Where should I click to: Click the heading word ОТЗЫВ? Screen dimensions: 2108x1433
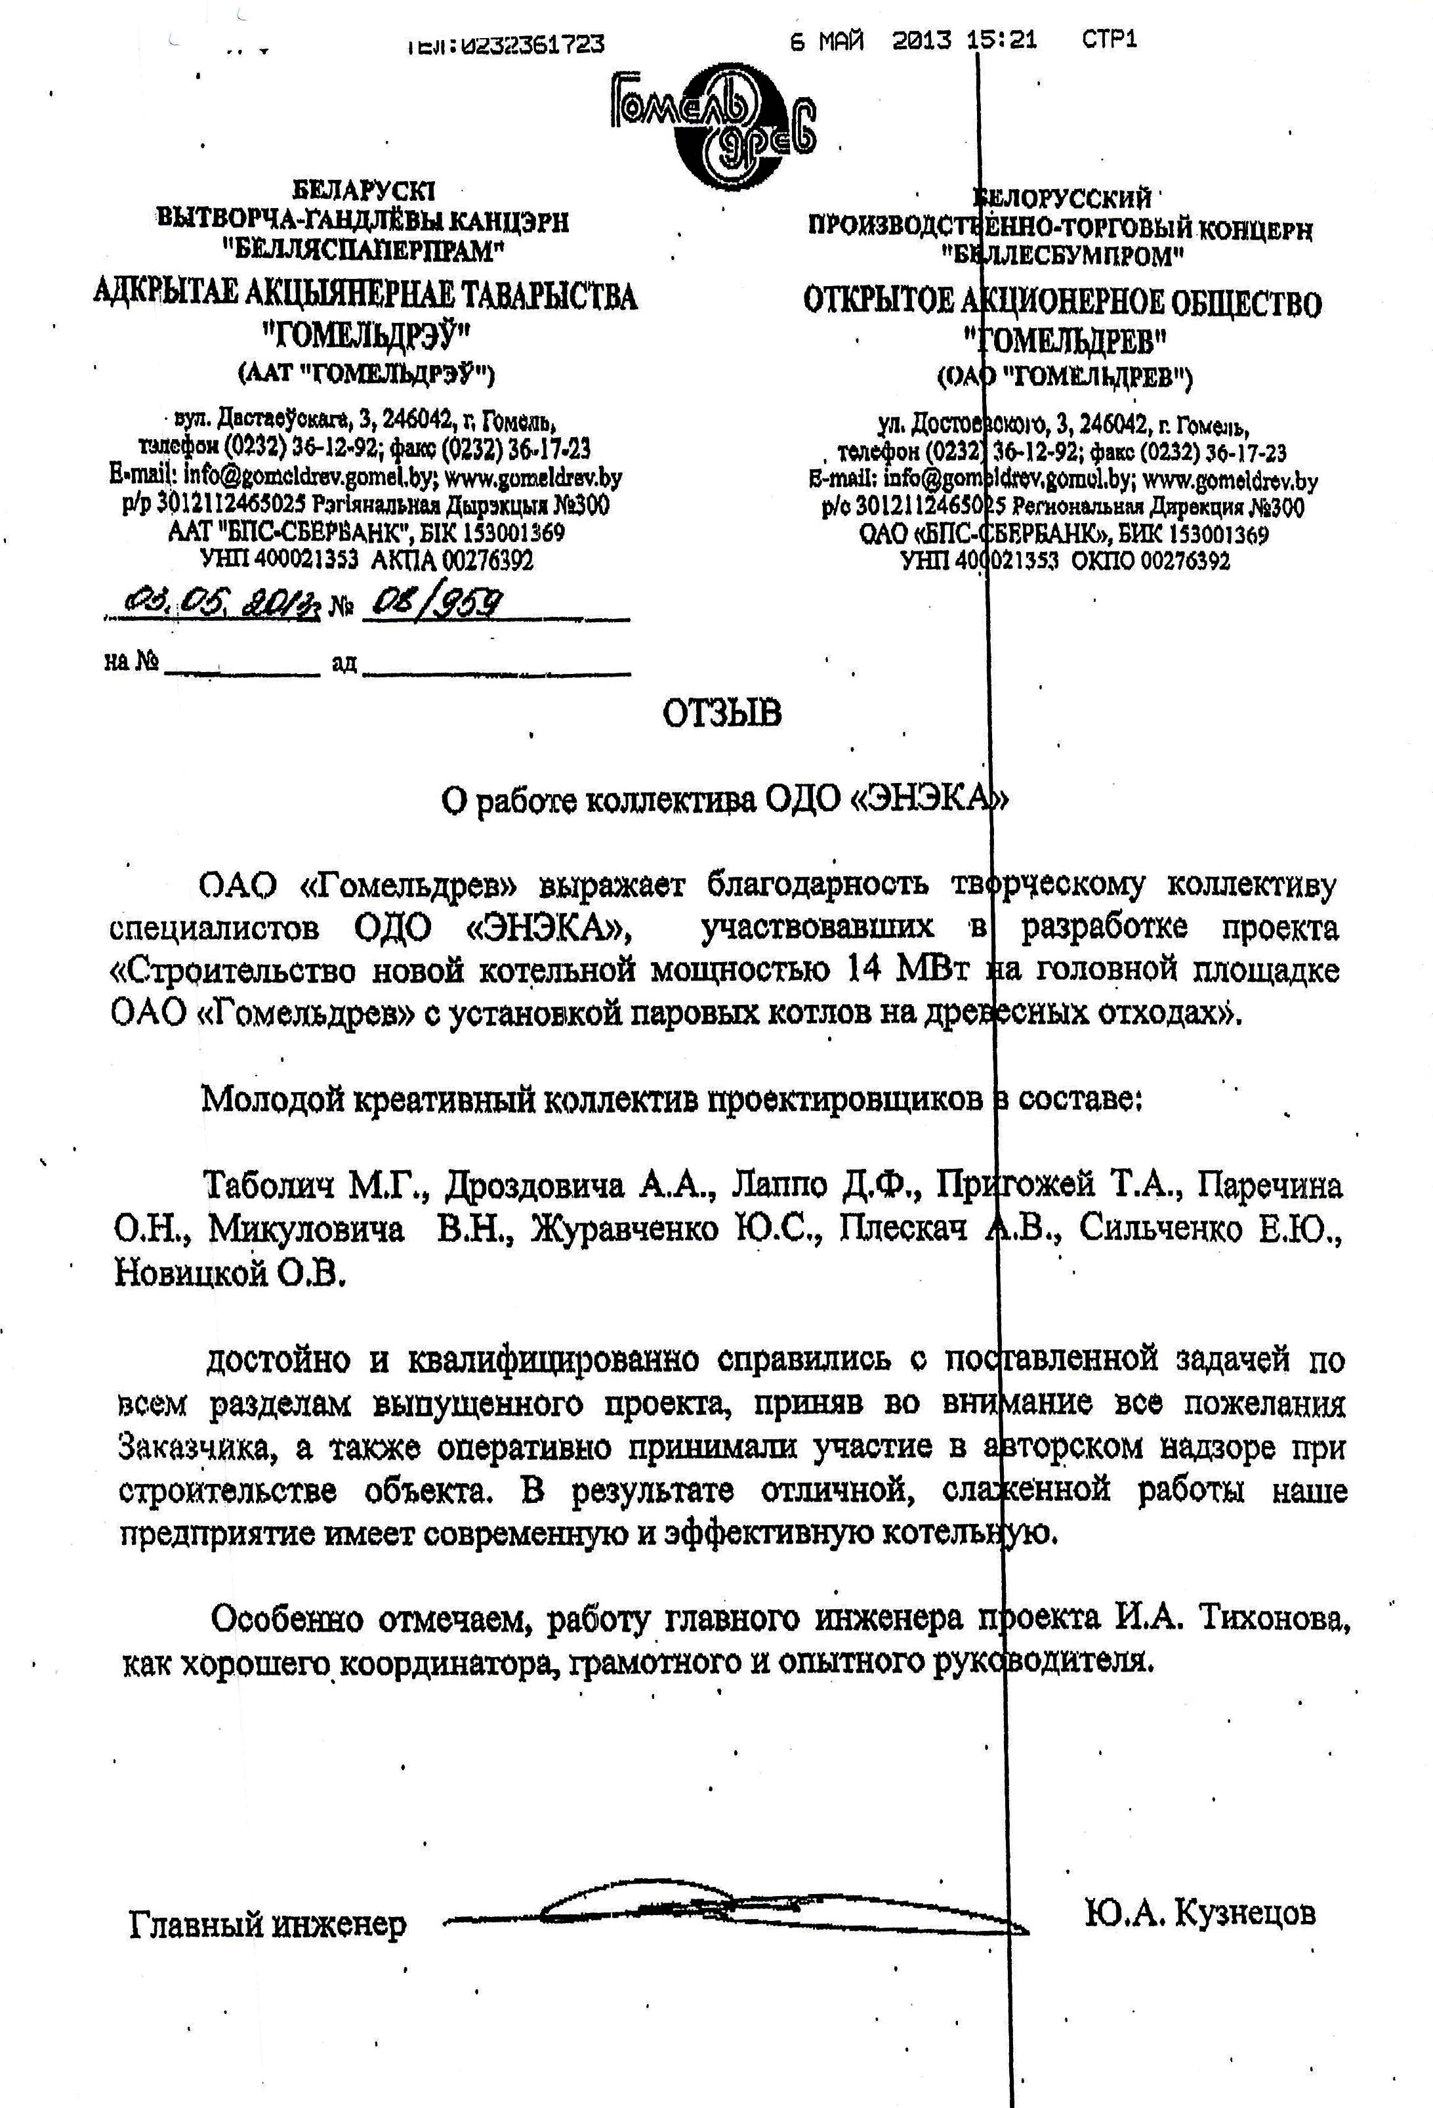(722, 714)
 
